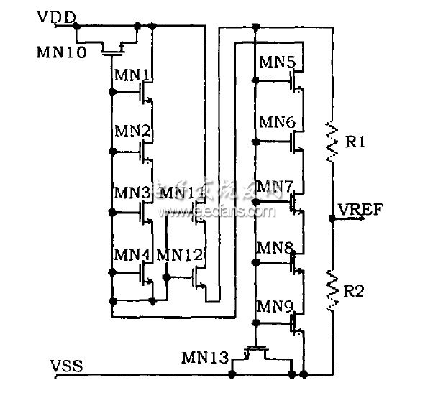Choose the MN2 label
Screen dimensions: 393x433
coord(132,131)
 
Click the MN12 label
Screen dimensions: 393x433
coord(176,254)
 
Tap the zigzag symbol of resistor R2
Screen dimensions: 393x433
coord(331,288)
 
